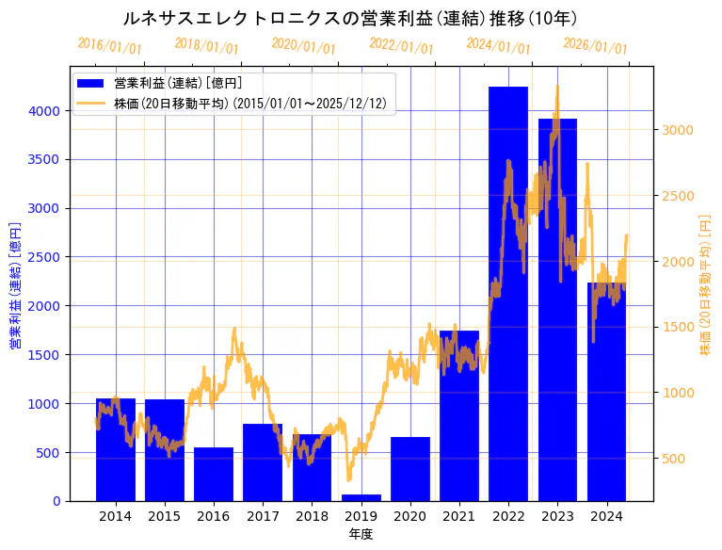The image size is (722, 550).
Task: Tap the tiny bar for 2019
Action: coord(361,497)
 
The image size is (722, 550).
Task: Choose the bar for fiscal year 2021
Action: coord(459,415)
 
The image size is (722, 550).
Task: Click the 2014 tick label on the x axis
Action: coord(116,516)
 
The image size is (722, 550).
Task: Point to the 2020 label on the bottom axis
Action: coord(410,516)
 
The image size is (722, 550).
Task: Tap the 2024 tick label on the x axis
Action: coord(606,516)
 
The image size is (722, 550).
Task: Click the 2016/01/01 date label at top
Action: coord(110,46)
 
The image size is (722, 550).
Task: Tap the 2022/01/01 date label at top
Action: coord(402,46)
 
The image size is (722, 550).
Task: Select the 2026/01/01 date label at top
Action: coord(596,46)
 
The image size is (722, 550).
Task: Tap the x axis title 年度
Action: coord(361,534)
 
